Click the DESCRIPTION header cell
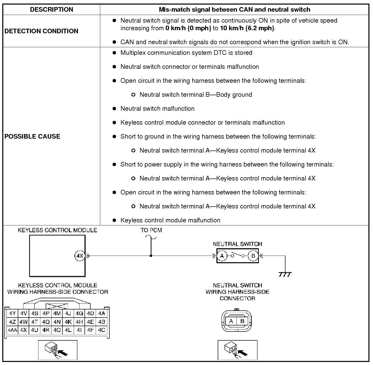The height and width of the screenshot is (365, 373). click(52, 10)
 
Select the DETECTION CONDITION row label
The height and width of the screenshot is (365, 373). click(41, 31)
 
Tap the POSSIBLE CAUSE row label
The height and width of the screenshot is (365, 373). click(32, 136)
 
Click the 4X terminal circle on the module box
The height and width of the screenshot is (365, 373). click(80, 256)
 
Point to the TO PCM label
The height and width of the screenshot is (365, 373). click(151, 230)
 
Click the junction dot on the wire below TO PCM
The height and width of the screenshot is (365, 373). click(151, 256)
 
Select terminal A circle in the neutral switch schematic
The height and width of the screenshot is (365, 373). click(222, 256)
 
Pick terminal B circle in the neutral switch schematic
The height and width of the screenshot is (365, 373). click(253, 256)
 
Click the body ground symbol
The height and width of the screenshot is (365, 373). click(285, 274)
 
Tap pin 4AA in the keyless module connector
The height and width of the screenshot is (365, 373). click(12, 330)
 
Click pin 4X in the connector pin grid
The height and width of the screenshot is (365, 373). click(23, 330)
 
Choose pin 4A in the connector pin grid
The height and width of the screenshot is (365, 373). click(101, 313)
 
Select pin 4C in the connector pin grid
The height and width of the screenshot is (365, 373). click(101, 330)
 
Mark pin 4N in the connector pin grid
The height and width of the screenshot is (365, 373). click(57, 322)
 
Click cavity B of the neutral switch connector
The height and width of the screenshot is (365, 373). click(242, 321)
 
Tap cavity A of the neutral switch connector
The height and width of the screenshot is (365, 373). click(231, 321)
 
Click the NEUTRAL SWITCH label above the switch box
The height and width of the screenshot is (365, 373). click(237, 244)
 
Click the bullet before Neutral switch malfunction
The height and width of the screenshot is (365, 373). click(114, 109)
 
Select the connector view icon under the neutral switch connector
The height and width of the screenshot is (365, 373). click(238, 350)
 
